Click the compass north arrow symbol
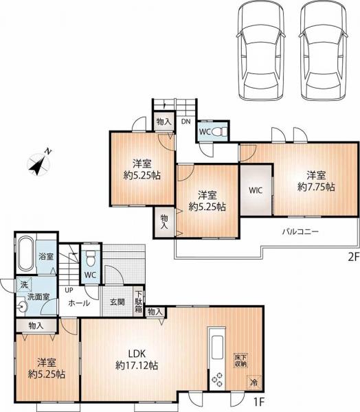coord(39,163)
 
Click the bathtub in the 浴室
coord(25,253)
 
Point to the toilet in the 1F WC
coord(91,258)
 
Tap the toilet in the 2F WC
coord(218,132)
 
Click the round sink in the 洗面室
coord(23,307)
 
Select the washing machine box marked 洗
coord(24,284)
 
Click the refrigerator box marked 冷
coord(254,382)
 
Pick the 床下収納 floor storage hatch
coord(241,360)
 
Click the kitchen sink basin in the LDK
coord(217,347)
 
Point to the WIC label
coord(256,190)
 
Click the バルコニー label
coord(300,231)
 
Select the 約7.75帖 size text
coord(316,187)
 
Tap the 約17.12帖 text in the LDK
coord(137,365)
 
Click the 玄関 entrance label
coord(117,302)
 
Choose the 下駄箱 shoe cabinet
coord(139,301)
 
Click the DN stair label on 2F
coord(185,122)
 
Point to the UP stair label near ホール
coord(69,290)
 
